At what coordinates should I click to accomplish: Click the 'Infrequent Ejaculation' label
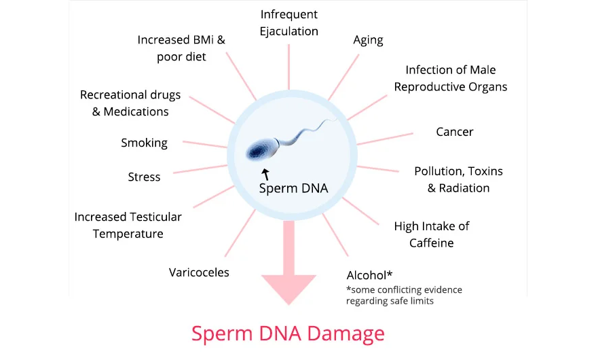click(x=288, y=22)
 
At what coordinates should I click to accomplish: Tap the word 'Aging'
click(x=369, y=40)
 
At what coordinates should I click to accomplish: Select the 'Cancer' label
click(x=454, y=132)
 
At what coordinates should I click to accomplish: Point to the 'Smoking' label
click(x=144, y=143)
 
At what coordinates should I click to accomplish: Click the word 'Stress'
click(x=144, y=177)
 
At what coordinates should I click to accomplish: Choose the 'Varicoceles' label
click(x=199, y=272)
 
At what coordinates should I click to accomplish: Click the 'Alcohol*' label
click(x=370, y=275)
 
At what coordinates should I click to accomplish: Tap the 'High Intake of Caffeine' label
click(x=431, y=234)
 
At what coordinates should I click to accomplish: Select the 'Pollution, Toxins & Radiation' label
click(x=458, y=179)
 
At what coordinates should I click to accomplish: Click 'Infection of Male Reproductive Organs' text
click(x=450, y=78)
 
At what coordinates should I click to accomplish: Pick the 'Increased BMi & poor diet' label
click(x=181, y=48)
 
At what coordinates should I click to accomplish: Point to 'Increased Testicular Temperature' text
click(x=128, y=225)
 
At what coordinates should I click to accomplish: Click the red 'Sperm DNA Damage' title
click(x=288, y=334)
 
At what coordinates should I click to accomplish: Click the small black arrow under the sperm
click(x=265, y=175)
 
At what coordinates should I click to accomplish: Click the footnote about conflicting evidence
click(x=404, y=295)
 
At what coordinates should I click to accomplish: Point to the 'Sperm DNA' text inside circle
click(x=293, y=188)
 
